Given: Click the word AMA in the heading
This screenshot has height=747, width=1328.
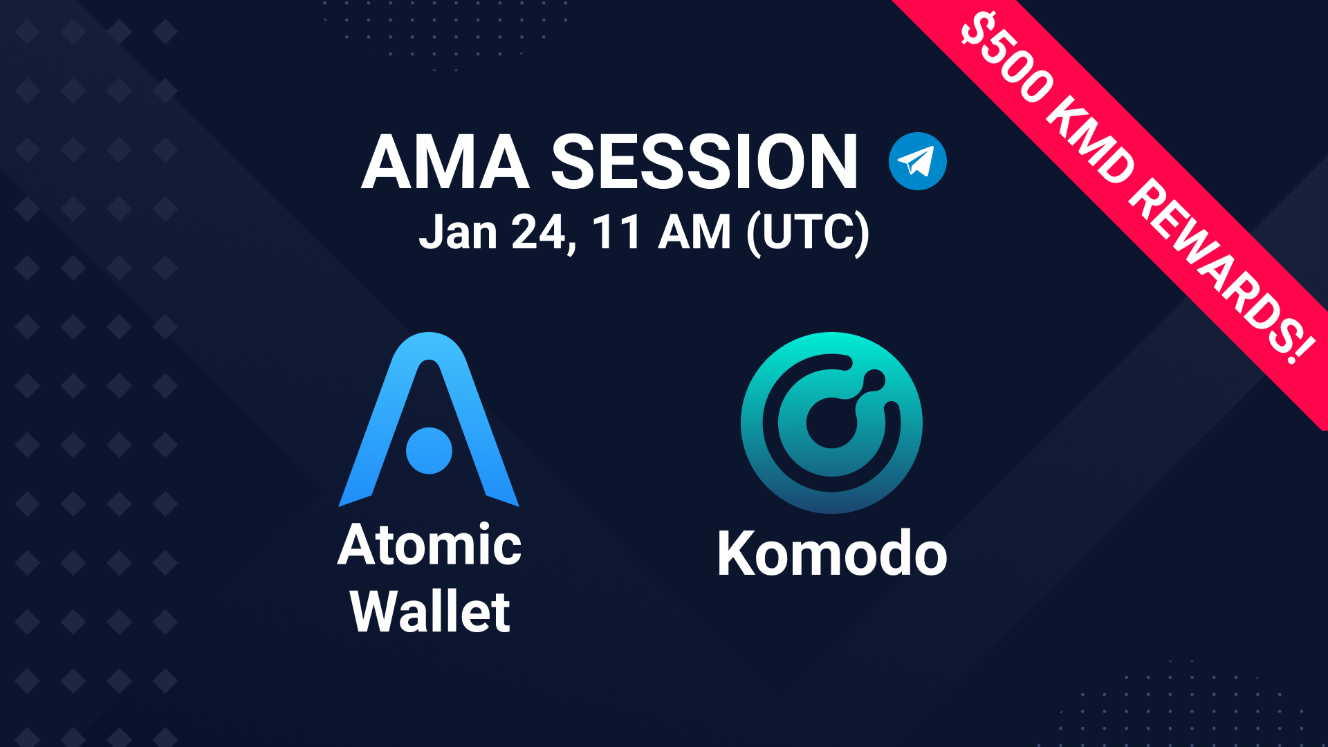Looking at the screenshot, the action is click(445, 162).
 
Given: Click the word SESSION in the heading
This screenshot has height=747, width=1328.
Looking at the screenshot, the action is click(704, 162).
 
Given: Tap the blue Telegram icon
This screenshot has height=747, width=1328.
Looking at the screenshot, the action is click(917, 161).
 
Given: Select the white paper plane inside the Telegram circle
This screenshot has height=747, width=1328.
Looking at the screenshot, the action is click(916, 162).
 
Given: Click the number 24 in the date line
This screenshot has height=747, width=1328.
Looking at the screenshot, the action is click(542, 232).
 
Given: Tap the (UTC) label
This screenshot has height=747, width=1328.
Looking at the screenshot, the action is click(807, 233).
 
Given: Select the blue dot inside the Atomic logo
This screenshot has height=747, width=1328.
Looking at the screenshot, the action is click(429, 450).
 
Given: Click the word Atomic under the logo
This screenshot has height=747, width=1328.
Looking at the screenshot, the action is click(430, 545).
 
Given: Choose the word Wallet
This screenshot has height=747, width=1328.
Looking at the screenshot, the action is click(430, 611).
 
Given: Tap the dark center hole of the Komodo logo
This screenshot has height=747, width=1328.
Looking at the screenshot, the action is click(830, 423).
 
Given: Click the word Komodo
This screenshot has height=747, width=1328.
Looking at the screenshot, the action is click(832, 554).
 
